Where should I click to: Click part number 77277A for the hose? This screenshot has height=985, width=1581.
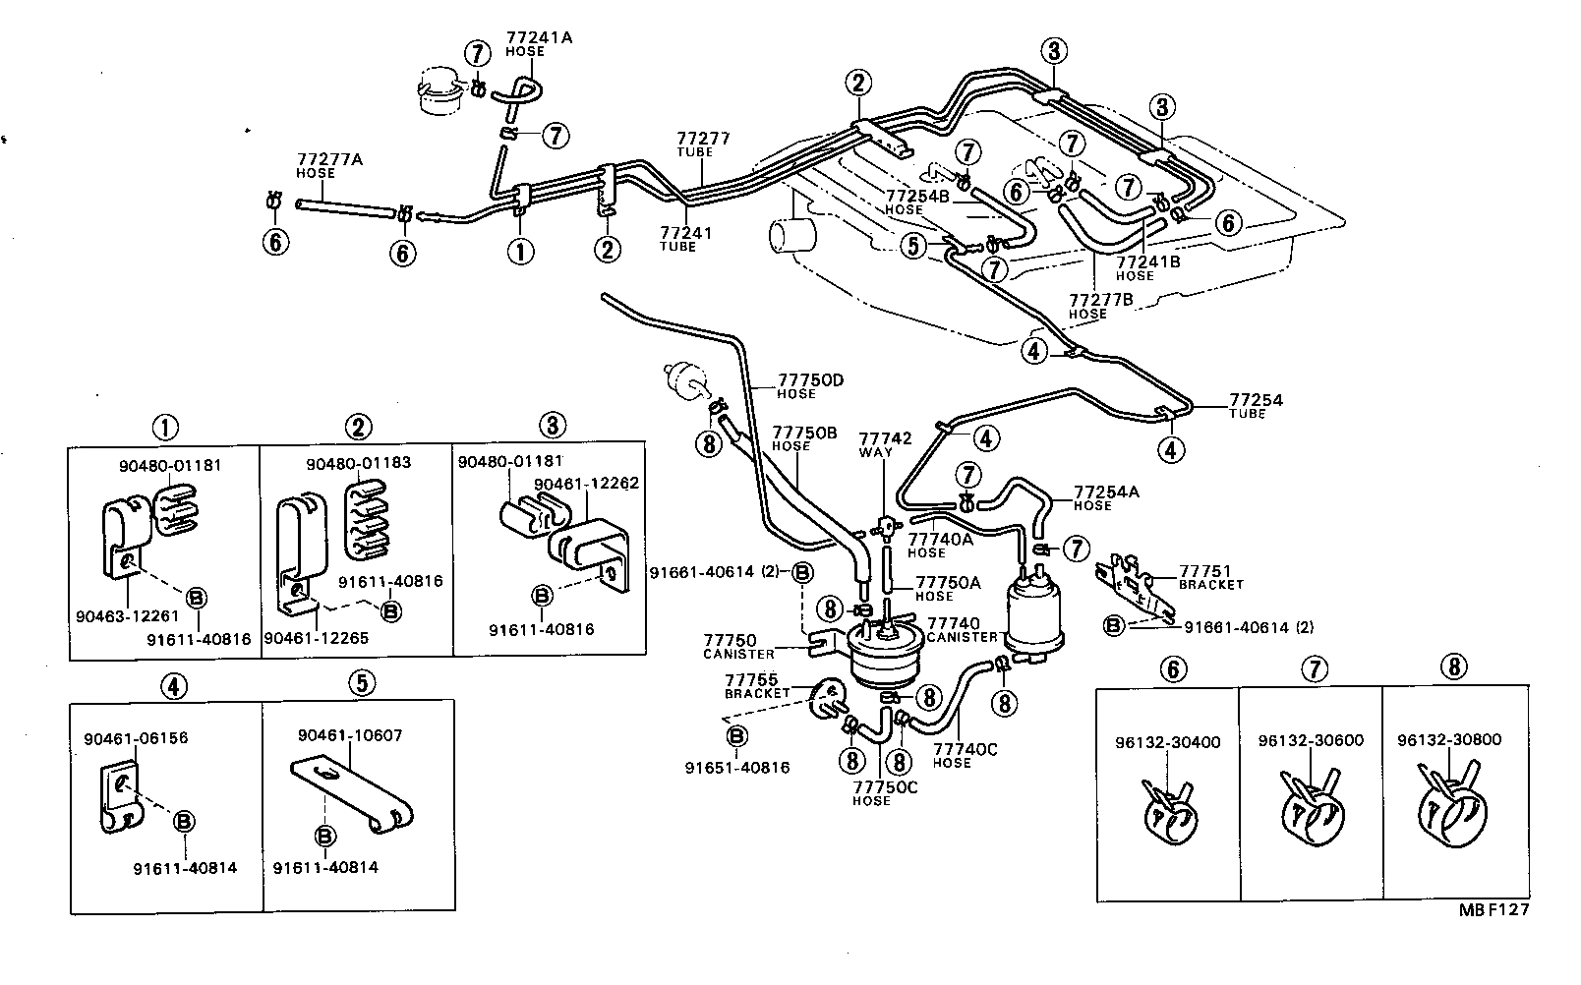[316, 158]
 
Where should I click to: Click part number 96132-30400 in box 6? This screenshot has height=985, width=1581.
[1167, 742]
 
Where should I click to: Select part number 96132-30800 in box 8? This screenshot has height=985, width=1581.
[1456, 740]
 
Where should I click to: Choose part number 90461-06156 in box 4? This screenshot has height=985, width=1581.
[136, 738]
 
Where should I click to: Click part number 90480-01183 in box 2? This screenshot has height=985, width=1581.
[358, 463]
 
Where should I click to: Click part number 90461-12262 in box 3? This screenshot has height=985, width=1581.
[586, 484]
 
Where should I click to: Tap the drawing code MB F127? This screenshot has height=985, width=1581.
[1493, 910]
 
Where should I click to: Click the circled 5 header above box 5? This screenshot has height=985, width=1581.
[361, 682]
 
